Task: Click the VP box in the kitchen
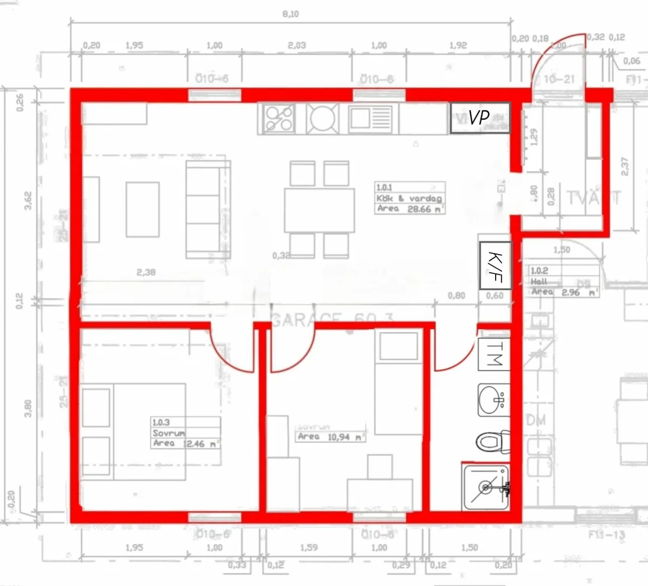(480, 118)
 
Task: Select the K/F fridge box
(495, 265)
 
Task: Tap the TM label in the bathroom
(494, 354)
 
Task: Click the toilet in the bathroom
(492, 442)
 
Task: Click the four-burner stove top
(278, 119)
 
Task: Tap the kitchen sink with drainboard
(371, 119)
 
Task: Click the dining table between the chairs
(320, 209)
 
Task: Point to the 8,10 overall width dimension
(291, 14)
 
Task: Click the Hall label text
(539, 281)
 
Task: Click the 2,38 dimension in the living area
(146, 272)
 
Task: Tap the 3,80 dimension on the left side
(28, 408)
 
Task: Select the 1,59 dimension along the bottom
(308, 547)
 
